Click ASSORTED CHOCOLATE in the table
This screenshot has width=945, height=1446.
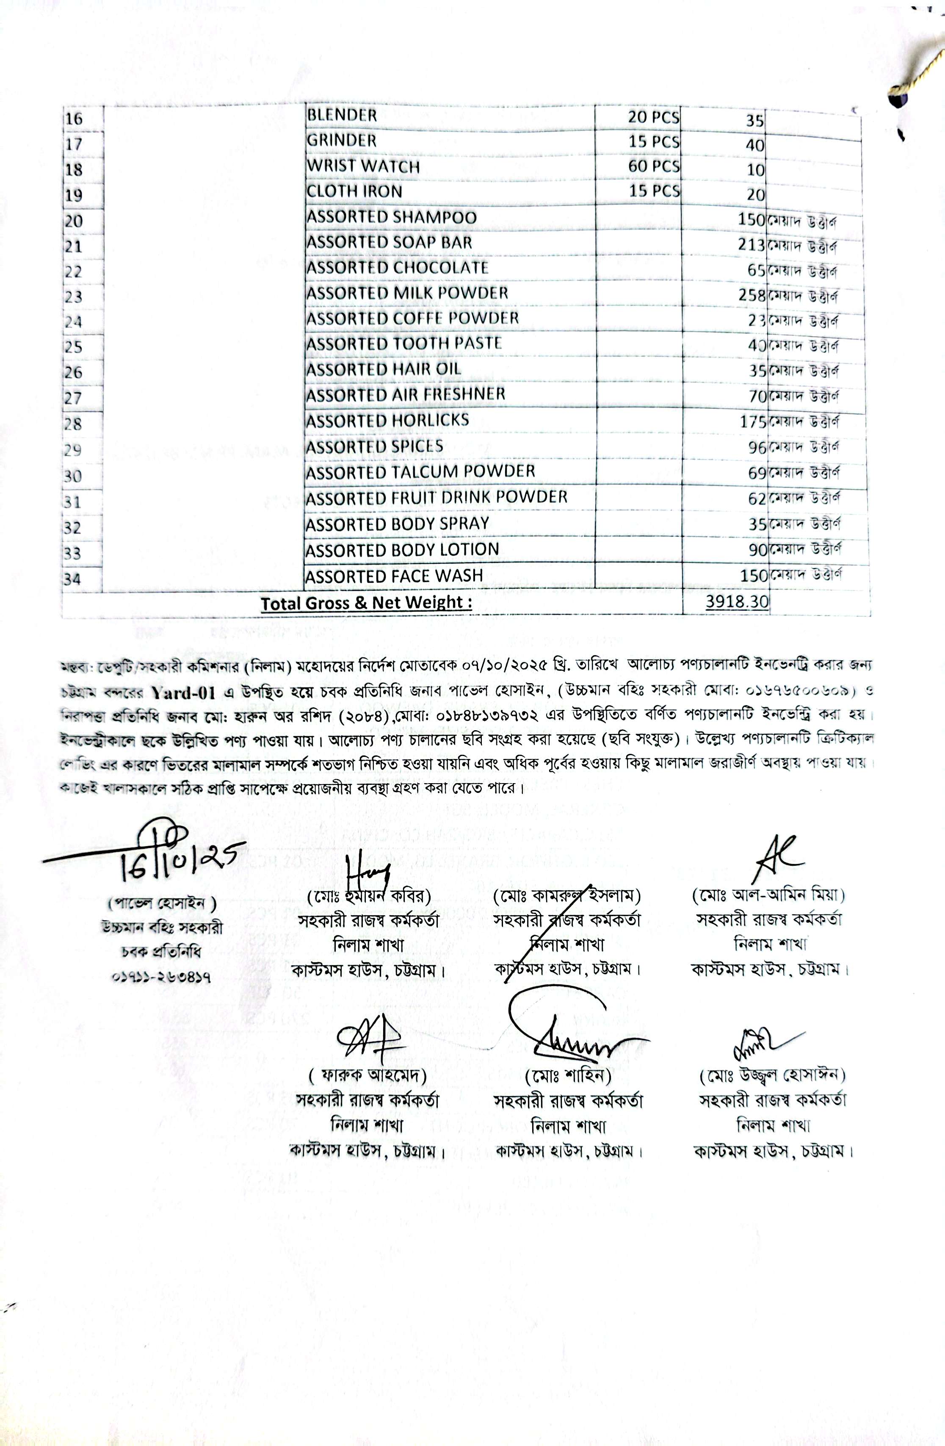[x=397, y=268]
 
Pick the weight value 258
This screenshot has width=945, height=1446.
[x=752, y=295]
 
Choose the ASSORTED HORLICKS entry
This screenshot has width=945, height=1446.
[x=387, y=421]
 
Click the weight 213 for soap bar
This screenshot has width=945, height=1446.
[x=752, y=245]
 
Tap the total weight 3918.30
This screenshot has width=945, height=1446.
[x=737, y=602]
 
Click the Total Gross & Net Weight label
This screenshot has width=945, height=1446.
[x=366, y=603]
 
